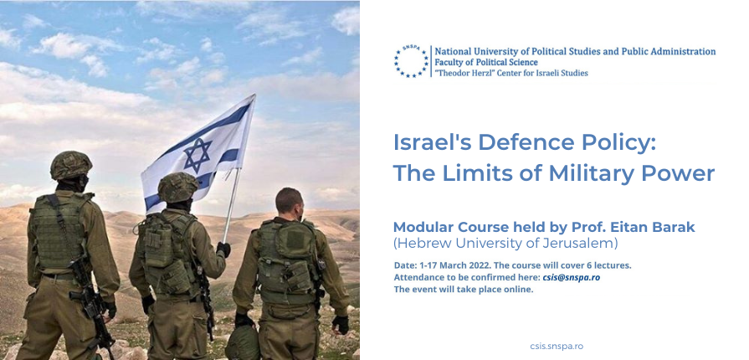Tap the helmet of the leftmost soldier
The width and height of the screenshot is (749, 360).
[71, 165]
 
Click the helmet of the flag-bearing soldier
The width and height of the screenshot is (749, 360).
[177, 187]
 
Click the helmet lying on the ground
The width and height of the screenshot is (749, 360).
[243, 342]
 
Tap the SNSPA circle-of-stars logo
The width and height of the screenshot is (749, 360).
[411, 61]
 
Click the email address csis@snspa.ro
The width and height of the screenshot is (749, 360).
[571, 277]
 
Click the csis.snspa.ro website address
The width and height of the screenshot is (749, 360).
[557, 346]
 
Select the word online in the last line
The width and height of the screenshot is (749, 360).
[519, 289]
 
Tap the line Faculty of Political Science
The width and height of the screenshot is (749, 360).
[486, 62]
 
